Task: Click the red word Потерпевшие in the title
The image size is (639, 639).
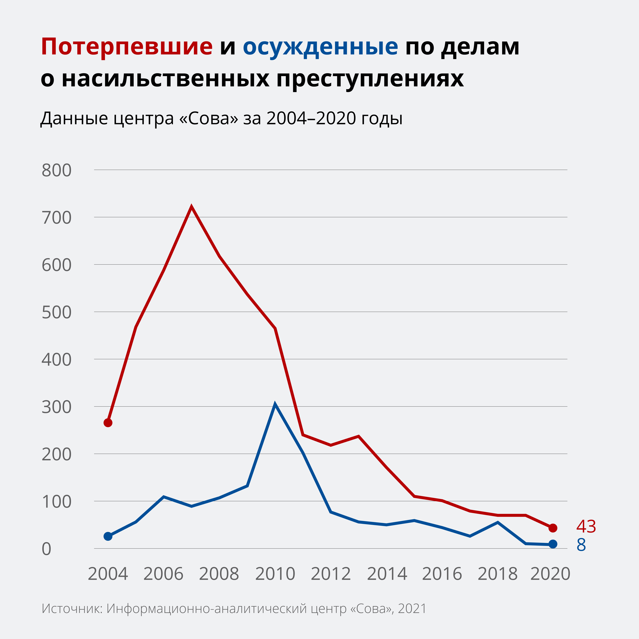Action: click(x=127, y=47)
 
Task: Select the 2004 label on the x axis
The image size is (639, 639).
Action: click(x=108, y=574)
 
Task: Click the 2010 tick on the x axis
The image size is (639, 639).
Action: click(x=275, y=574)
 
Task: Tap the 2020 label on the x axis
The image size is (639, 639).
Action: click(x=550, y=574)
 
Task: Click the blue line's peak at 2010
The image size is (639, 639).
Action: click(x=275, y=404)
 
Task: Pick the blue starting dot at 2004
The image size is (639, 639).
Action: click(x=108, y=536)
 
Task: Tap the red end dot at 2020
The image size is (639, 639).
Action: click(x=553, y=528)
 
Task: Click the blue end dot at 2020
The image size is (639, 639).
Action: click(x=553, y=544)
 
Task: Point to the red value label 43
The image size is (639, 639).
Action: click(x=586, y=527)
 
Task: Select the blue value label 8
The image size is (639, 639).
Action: click(x=581, y=545)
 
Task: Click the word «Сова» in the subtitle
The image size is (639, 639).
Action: click(x=208, y=118)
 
